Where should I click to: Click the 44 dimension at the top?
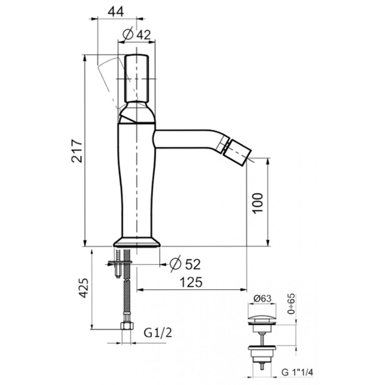[x=116, y=11]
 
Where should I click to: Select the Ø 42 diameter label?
[x=137, y=34]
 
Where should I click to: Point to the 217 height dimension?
[x=77, y=151]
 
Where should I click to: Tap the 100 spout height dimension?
[x=258, y=203]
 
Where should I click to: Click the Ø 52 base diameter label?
[x=185, y=264]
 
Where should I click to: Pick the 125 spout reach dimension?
[x=191, y=282]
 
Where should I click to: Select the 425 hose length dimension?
[x=83, y=288]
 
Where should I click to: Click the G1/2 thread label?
[x=158, y=333]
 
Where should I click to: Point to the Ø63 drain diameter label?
[x=262, y=299]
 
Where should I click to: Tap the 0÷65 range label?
[x=292, y=304]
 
